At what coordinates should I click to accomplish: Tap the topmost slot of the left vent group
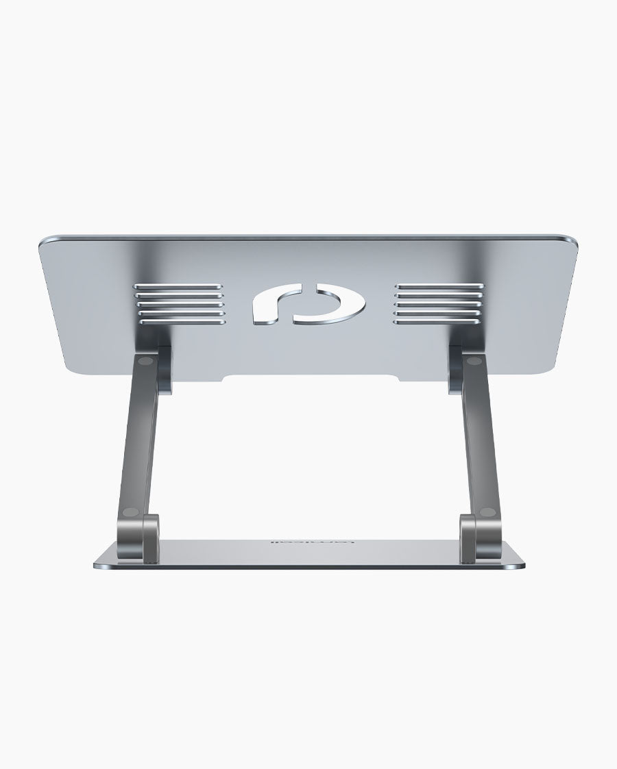(179, 286)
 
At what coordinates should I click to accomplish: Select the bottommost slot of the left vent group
(179, 320)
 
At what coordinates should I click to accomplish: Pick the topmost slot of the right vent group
(439, 286)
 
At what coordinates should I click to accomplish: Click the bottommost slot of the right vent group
(439, 319)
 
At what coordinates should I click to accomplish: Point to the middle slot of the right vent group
(439, 303)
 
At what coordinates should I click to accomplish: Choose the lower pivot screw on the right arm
(487, 511)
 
